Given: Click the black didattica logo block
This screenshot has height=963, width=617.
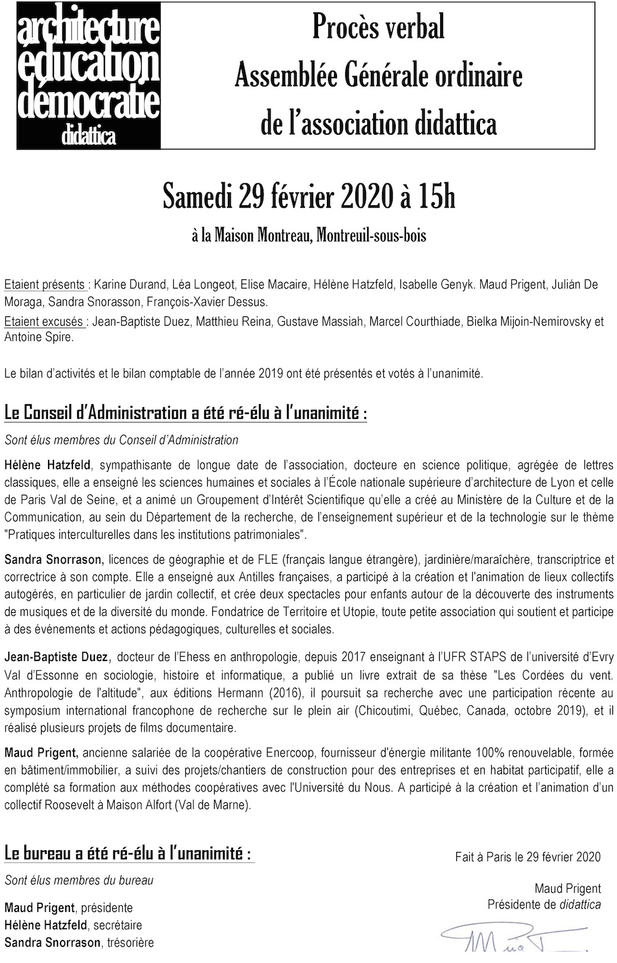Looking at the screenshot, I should pyautogui.click(x=88, y=75).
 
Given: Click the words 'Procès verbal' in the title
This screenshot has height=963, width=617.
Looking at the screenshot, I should pyautogui.click(x=378, y=28).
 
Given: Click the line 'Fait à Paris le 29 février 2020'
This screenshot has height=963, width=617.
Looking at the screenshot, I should pyautogui.click(x=527, y=857).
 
